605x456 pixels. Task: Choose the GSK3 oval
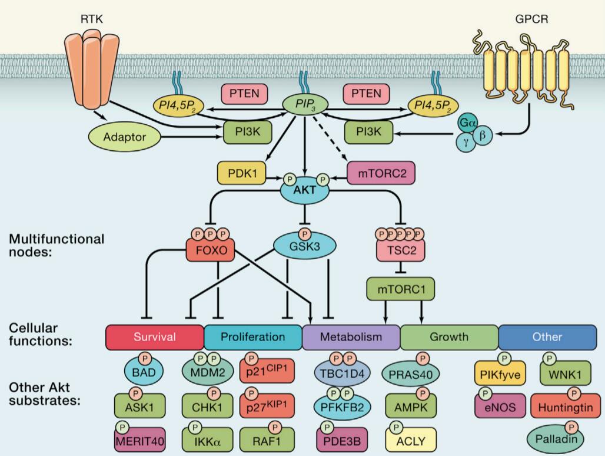point(305,247)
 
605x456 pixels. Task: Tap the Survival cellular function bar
point(155,337)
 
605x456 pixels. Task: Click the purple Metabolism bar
point(351,337)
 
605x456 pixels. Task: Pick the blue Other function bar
point(547,337)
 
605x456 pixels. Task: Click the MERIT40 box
point(140,440)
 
